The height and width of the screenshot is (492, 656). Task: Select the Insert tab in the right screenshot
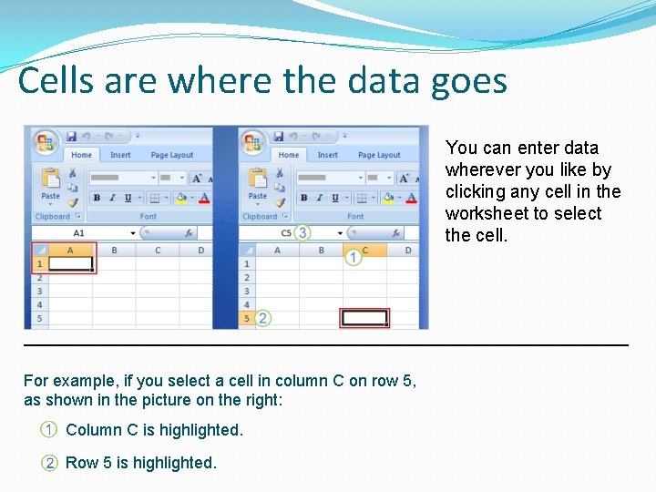click(x=327, y=156)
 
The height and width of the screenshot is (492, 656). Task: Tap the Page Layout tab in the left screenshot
click(x=171, y=156)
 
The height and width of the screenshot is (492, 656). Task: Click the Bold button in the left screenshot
click(x=97, y=198)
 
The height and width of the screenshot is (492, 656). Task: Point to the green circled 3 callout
click(x=302, y=233)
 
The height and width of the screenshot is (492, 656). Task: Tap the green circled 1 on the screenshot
click(x=353, y=258)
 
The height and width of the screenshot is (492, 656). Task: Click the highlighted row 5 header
click(x=246, y=318)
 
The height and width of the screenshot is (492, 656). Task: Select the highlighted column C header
click(x=365, y=250)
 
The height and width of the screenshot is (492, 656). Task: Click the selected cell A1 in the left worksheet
click(x=70, y=264)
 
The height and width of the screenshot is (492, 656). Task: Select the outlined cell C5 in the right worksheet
click(x=364, y=318)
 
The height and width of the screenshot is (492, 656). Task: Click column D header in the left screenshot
click(x=200, y=250)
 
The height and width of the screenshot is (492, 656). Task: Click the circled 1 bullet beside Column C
click(x=48, y=430)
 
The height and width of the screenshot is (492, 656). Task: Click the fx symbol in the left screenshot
click(x=187, y=233)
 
